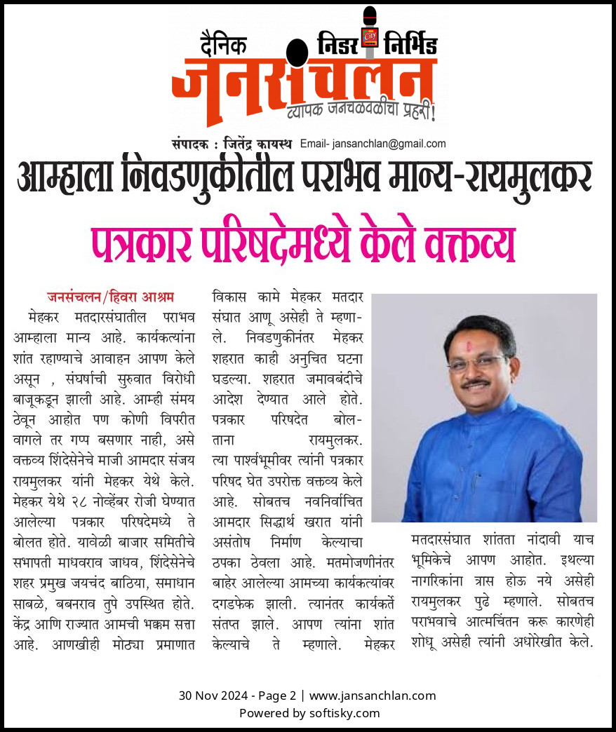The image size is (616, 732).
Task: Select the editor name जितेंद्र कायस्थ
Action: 260,144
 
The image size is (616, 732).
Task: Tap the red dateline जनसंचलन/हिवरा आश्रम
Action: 110,294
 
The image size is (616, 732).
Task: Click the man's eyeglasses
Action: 476,363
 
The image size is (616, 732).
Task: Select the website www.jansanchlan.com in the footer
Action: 373,696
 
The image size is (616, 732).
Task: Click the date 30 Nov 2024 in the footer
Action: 208,696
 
